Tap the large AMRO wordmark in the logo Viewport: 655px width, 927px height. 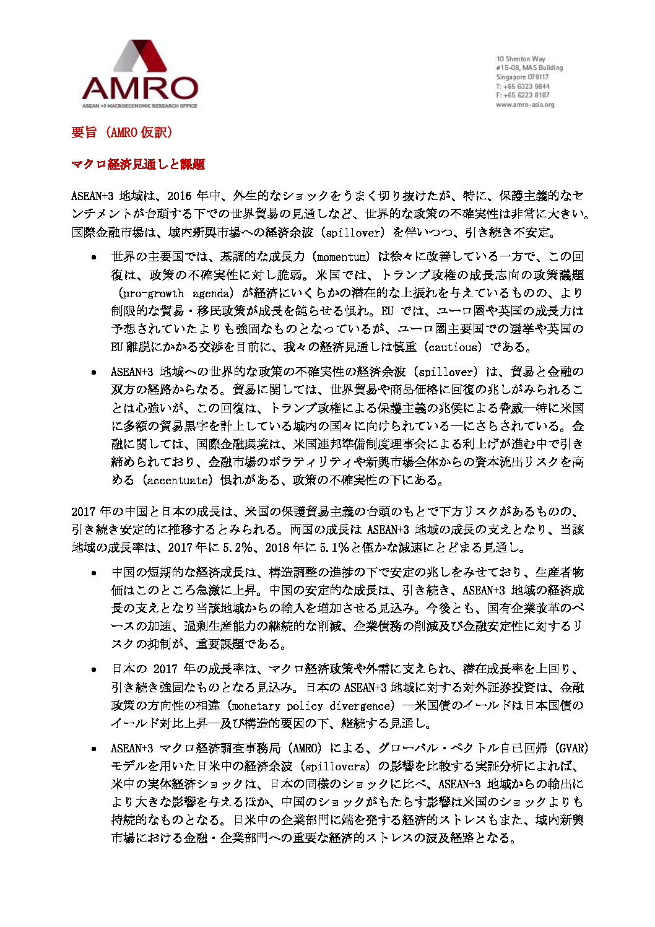pos(140,89)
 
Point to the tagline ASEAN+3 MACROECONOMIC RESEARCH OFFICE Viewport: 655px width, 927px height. pos(140,106)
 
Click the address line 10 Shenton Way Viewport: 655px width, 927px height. pos(521,59)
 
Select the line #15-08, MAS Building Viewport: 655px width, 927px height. pos(529,68)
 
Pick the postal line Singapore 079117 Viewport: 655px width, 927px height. pos(522,77)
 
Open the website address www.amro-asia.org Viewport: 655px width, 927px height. pos(525,105)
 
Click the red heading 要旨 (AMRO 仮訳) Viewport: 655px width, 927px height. pos(122,133)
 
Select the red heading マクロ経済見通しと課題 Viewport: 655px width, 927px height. pos(138,164)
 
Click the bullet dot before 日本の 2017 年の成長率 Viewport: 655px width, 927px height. pos(93,670)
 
